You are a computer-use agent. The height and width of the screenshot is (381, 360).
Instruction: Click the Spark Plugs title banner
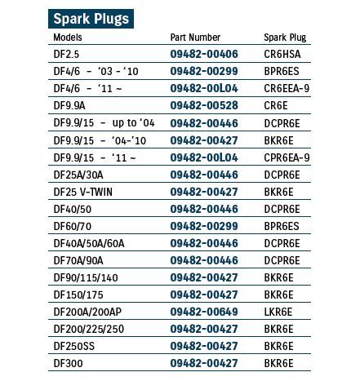pyautogui.click(x=90, y=18)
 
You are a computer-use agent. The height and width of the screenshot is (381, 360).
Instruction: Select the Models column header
pyautogui.click(x=68, y=38)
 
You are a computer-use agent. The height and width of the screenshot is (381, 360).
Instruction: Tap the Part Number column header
pyautogui.click(x=195, y=38)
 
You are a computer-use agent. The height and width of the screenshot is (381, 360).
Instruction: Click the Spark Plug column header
pyautogui.click(x=285, y=38)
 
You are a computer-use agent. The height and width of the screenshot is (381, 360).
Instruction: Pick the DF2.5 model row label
pyautogui.click(x=66, y=55)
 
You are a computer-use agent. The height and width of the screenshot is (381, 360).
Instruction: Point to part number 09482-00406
pyautogui.click(x=204, y=55)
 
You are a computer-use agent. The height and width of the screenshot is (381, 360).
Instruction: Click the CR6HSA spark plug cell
pyautogui.click(x=282, y=55)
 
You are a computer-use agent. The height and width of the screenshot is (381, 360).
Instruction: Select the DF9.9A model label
pyautogui.click(x=69, y=106)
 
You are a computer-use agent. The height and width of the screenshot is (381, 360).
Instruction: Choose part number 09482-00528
pyautogui.click(x=204, y=106)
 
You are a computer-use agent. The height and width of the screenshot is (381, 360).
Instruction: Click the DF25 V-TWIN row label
pyautogui.click(x=83, y=192)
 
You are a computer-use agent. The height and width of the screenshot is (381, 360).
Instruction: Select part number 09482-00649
pyautogui.click(x=204, y=312)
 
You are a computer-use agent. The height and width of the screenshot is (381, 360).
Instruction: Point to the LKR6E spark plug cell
pyautogui.click(x=278, y=312)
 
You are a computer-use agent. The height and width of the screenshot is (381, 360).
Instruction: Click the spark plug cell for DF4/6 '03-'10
pyautogui.click(x=281, y=72)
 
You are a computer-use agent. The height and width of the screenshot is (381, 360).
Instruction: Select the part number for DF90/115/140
pyautogui.click(x=204, y=277)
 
